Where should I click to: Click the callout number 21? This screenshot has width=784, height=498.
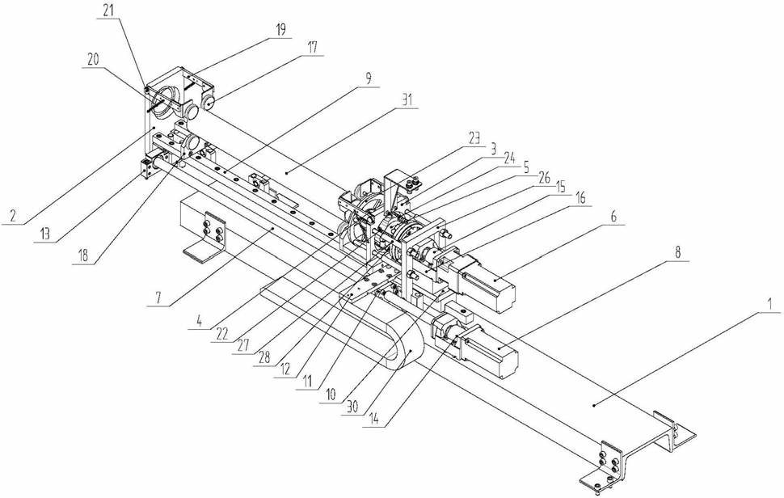click(109, 12)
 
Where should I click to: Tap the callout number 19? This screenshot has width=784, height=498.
click(281, 30)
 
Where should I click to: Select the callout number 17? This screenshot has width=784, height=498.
click(312, 48)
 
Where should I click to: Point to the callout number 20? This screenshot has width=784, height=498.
click(93, 60)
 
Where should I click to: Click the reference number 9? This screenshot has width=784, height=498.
click(369, 78)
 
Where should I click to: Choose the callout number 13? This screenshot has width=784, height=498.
click(45, 234)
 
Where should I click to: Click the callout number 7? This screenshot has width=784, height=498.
click(158, 298)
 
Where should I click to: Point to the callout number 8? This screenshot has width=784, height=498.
click(677, 252)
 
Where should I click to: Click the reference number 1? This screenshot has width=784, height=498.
click(770, 303)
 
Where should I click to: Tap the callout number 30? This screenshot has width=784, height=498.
click(352, 407)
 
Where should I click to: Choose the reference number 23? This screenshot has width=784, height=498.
click(474, 136)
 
